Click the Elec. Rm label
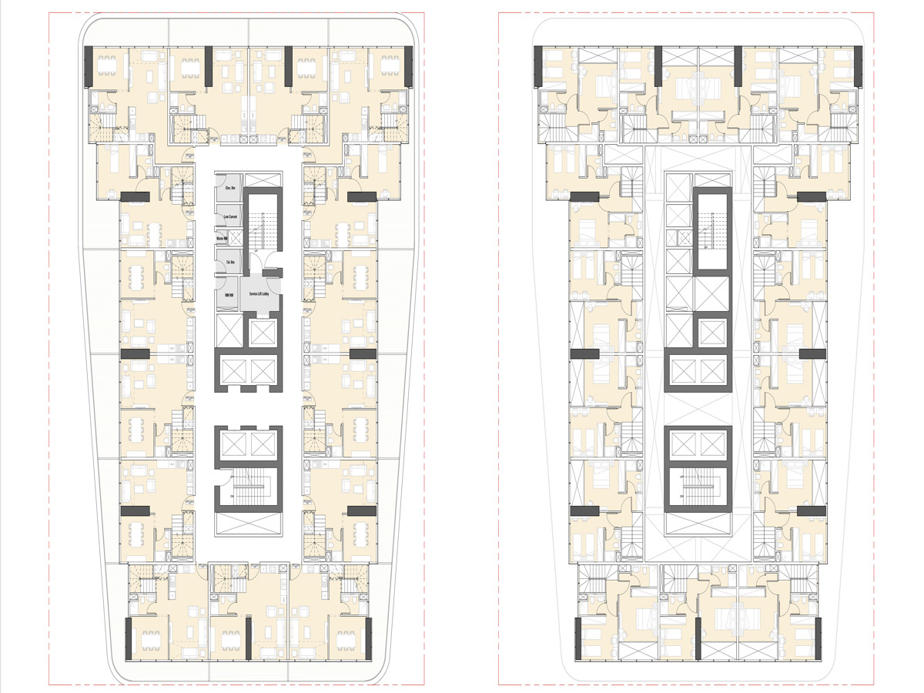[229, 189]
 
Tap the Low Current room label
[230, 217]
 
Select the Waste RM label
[229, 240]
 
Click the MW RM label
[229, 296]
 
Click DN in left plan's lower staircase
[232, 497]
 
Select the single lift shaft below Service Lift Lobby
[262, 331]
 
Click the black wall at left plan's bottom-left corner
[129, 638]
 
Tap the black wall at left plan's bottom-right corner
[368, 638]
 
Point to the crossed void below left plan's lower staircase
[247, 525]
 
